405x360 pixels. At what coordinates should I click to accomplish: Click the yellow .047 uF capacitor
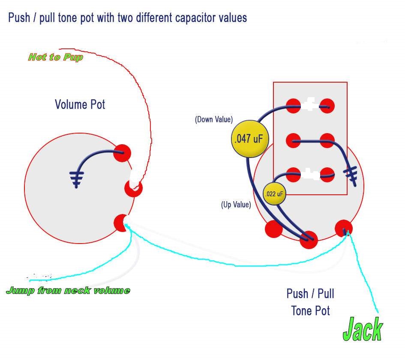tap(250, 139)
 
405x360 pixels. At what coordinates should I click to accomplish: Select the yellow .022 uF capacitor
tap(274, 194)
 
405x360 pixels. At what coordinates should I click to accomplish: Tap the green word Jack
tap(363, 329)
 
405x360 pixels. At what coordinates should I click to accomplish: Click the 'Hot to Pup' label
tap(56, 57)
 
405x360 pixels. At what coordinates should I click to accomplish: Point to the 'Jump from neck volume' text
tap(68, 291)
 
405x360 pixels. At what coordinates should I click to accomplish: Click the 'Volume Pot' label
tap(80, 104)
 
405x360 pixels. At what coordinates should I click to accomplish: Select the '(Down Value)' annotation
tap(213, 119)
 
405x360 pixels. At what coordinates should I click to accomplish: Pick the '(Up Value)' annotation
tap(236, 205)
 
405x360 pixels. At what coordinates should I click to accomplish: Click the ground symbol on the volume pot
tap(76, 179)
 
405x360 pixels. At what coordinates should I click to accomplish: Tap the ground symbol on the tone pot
tap(351, 176)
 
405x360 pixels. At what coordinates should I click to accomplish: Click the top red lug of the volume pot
tap(122, 153)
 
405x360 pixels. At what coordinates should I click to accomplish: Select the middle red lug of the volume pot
tap(133, 188)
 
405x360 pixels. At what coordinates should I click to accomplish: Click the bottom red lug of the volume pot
tap(121, 223)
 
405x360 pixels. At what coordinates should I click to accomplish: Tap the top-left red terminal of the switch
tap(294, 106)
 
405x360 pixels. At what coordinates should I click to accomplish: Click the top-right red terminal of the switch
tap(327, 106)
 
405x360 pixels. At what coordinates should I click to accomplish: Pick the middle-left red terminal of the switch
tap(294, 141)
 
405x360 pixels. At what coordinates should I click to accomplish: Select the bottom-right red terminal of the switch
tap(327, 175)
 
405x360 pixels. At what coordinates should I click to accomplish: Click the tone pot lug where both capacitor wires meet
tap(309, 240)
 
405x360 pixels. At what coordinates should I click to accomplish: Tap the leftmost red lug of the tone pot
tap(274, 229)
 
